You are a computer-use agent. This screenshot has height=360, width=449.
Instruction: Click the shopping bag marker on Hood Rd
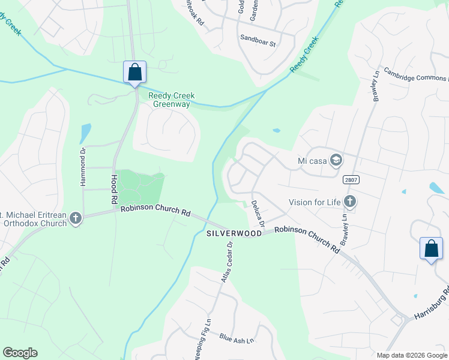134,72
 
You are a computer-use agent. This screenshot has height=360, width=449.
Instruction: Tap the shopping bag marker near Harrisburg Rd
432,248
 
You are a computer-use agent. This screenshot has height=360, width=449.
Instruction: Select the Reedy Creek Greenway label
172,100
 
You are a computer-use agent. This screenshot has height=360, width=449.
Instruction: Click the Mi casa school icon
336,160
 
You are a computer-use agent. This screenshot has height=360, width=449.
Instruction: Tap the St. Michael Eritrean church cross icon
76,218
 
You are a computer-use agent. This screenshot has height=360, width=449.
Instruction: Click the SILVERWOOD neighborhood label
234,233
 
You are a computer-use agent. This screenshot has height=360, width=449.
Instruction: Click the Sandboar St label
258,44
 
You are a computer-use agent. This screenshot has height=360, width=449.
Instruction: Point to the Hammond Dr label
83,167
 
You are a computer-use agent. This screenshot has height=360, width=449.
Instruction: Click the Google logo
20,353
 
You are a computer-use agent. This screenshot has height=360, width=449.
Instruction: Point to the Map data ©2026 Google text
412,355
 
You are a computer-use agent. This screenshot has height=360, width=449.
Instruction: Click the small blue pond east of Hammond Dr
85,133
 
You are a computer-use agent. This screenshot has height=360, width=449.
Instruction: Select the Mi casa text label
312,160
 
